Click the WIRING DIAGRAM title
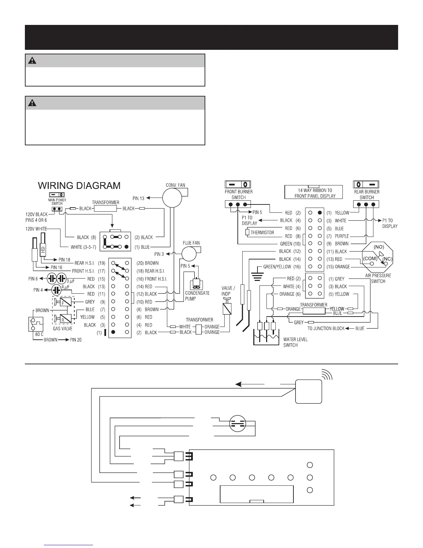[79, 186]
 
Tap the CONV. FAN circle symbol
[172, 198]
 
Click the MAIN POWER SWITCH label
[57, 202]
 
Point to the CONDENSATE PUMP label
[197, 296]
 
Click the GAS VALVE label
[63, 328]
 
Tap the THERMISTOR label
[262, 232]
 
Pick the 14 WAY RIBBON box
[313, 193]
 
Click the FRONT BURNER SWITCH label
[238, 194]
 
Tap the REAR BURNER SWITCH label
[367, 194]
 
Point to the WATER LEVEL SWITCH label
[295, 342]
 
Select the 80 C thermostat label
[39, 335]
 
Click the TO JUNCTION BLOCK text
[326, 328]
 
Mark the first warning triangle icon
[32, 61]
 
